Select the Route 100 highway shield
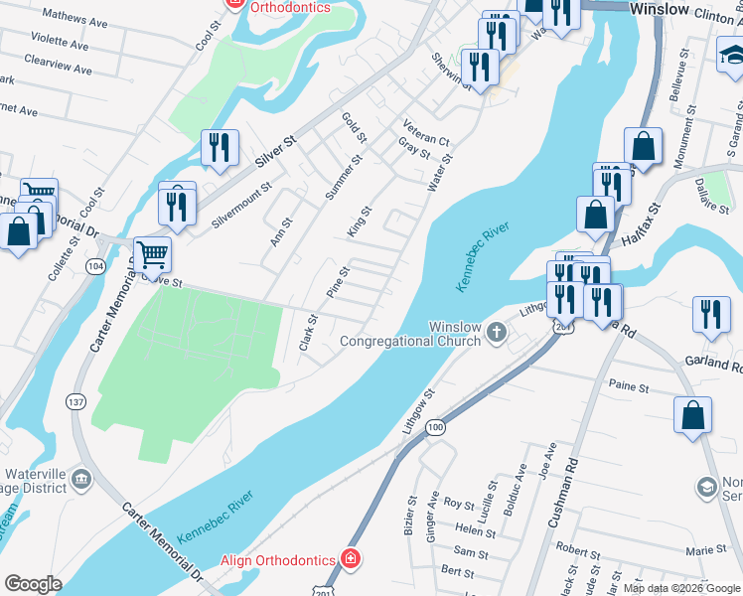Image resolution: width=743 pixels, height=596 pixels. (x=435, y=427)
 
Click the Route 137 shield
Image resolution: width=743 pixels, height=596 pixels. (x=75, y=401)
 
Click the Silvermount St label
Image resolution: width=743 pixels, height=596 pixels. (x=242, y=205)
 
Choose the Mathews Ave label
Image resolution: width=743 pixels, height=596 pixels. (x=74, y=20)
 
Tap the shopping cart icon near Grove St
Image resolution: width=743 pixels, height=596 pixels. (x=153, y=254)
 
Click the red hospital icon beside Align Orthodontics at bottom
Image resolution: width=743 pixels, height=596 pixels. (x=350, y=560)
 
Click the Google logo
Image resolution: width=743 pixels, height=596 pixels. (x=33, y=584)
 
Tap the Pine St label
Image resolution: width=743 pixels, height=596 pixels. (x=338, y=280)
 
